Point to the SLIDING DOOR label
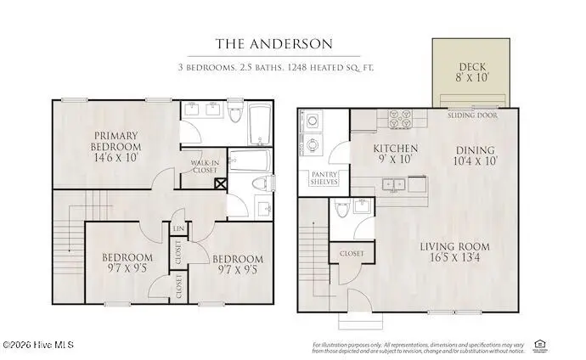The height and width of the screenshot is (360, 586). [x=472, y=114]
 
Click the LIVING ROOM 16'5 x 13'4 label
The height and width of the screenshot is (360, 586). [x=455, y=252]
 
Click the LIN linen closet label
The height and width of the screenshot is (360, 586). [x=179, y=228]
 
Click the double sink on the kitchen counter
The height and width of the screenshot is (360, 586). [x=393, y=183]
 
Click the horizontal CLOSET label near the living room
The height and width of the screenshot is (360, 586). [x=352, y=253]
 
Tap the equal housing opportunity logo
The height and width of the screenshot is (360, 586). [x=538, y=344]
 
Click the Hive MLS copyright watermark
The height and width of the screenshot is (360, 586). [x=38, y=345]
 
